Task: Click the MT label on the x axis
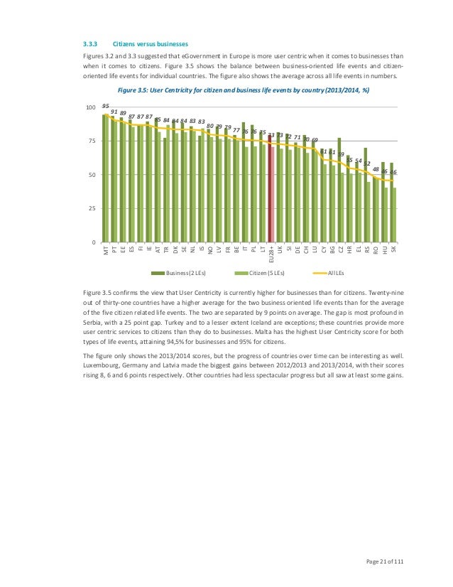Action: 106,251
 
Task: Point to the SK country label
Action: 393,250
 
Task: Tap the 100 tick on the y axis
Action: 90,107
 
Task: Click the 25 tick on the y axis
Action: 92,209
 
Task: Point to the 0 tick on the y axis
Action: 93,243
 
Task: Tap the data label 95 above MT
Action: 106,105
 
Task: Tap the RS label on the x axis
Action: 366,250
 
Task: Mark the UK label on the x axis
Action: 280,250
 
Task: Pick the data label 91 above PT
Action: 114,111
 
